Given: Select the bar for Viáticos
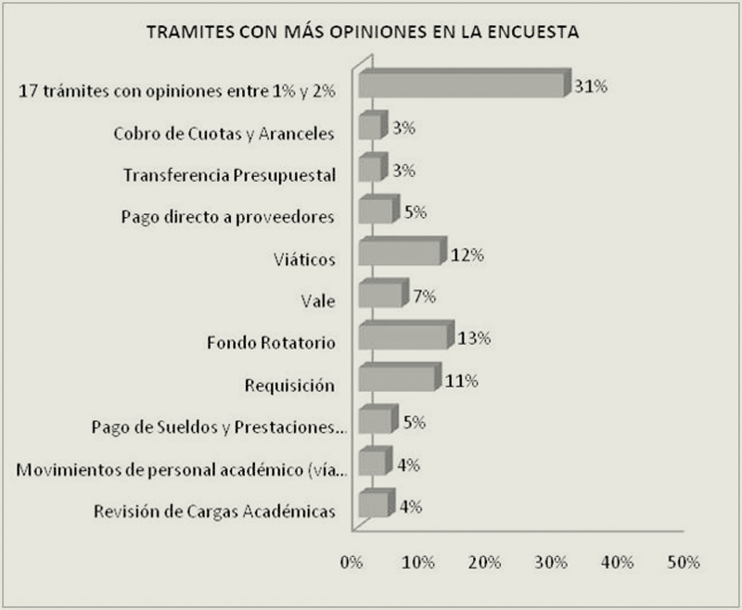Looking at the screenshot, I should coord(400,252).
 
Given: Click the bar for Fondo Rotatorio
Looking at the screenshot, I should coord(404,336).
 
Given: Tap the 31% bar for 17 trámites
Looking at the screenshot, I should coord(462,84).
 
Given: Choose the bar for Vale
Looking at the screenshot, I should coord(381,294).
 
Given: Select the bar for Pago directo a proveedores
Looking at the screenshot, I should coord(377,210).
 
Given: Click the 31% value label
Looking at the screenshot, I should coord(591,87).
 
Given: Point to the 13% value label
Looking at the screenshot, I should coord(474,337).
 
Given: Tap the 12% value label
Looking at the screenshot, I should coord(467,254).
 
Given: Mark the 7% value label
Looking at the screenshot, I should coord(424,296).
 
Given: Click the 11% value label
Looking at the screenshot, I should coord(461,380).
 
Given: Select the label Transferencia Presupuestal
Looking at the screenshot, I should coord(229,175).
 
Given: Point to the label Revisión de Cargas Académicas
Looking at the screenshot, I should coord(214,511).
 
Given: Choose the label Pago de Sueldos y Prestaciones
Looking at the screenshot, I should coord(220,427).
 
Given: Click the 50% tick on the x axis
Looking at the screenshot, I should coord(684,563).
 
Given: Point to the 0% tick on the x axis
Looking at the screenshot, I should coord(352,563).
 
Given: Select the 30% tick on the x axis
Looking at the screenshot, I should coord(551,563).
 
